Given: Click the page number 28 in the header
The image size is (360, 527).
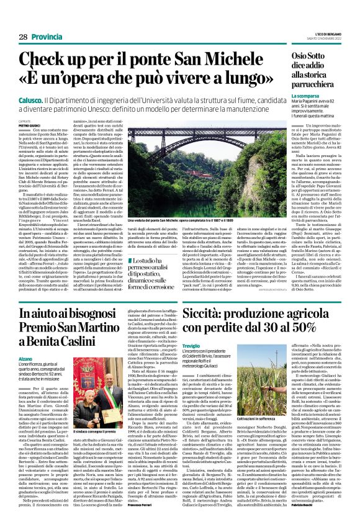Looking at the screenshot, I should [x=23, y=38].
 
